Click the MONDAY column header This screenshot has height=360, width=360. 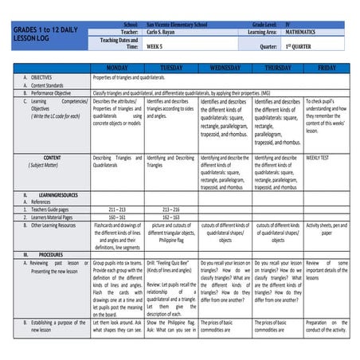(117, 68)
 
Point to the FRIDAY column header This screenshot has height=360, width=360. (327, 68)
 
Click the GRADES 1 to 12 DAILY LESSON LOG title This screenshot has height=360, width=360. (41, 33)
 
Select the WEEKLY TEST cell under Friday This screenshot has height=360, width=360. (318, 158)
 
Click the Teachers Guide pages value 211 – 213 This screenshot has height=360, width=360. (117, 209)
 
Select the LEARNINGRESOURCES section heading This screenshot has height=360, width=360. (57, 194)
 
